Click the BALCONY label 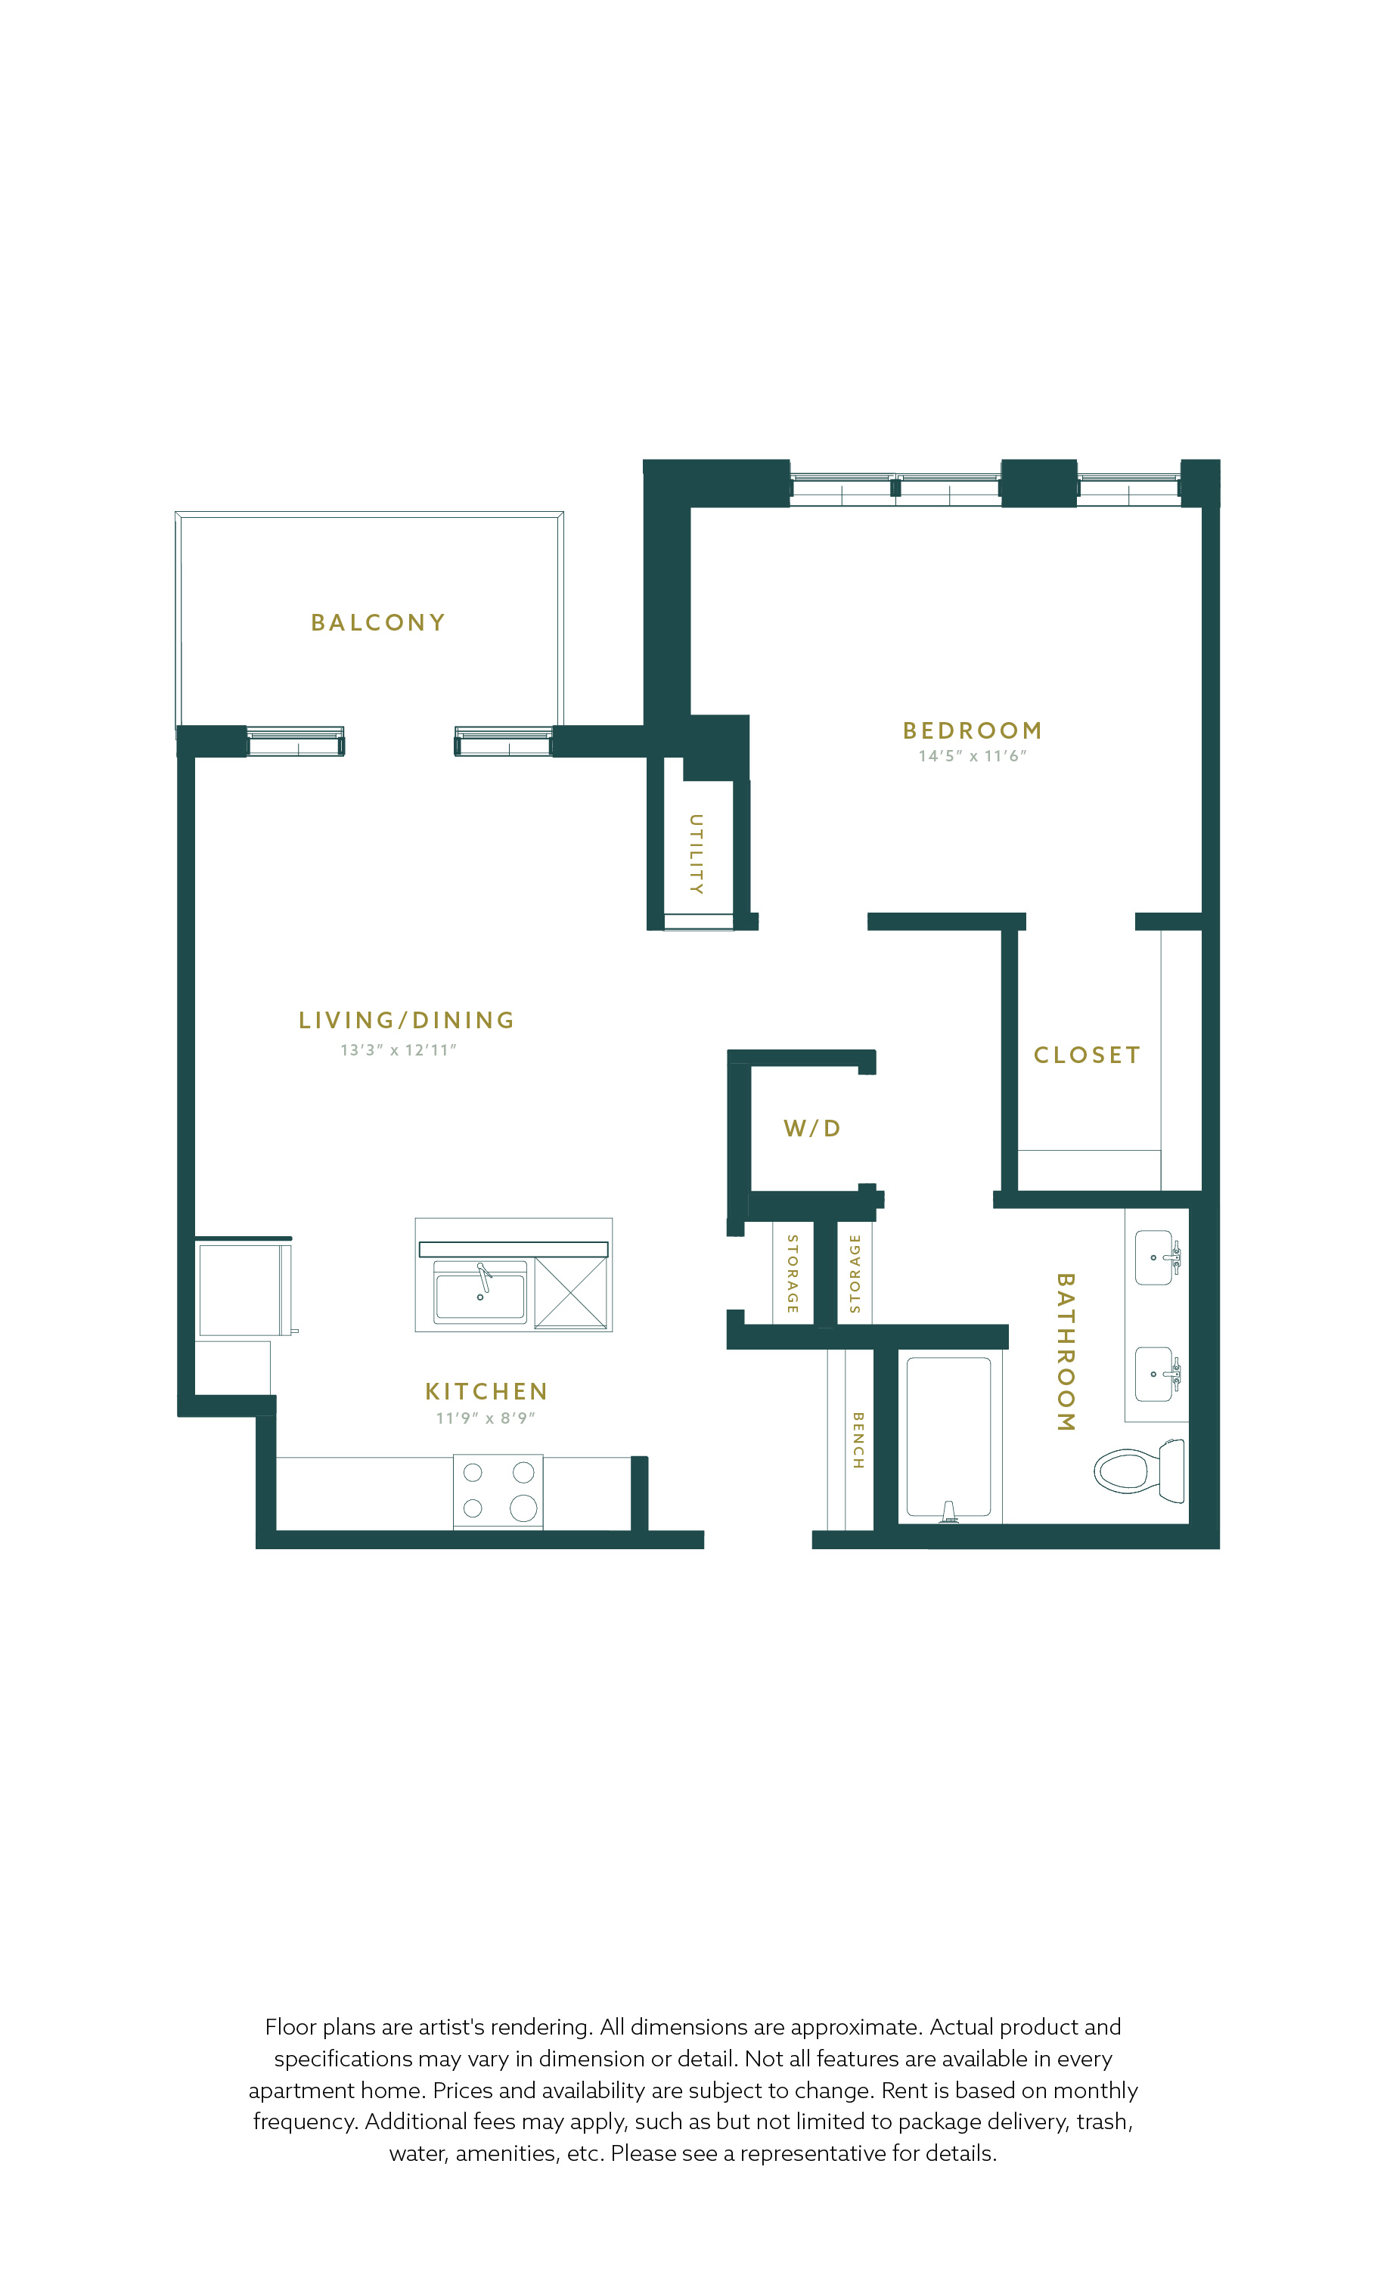point(377,622)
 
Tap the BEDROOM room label point(973,730)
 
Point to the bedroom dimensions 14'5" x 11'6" point(973,756)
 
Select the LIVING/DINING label point(406,1020)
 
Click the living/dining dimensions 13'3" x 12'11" point(399,1049)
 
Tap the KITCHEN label point(486,1391)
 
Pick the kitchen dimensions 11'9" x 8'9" point(486,1418)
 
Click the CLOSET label point(1087,1055)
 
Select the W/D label point(812,1128)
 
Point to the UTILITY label point(697,854)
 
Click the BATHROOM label point(1066,1352)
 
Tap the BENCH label point(858,1440)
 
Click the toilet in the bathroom point(1139,1471)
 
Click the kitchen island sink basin point(479,1294)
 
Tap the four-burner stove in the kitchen point(498,1491)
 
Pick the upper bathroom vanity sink point(1157,1258)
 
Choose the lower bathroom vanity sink point(1157,1374)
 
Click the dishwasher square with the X point(571,1293)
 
